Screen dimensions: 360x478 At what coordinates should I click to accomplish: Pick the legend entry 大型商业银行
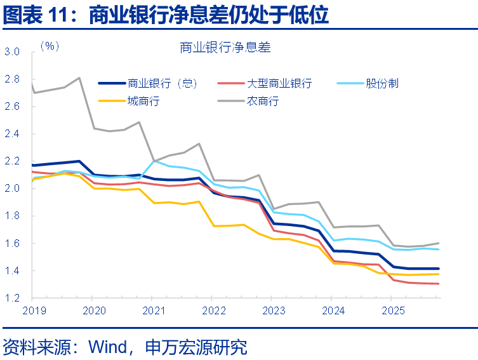279,83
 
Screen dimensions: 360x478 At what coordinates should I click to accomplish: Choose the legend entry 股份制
382,83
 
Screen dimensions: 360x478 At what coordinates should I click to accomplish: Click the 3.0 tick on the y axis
13,52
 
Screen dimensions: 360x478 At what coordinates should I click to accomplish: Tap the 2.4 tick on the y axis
13,134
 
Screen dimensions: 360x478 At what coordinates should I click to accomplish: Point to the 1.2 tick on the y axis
13,298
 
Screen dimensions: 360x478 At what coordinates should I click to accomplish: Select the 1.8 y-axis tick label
13,216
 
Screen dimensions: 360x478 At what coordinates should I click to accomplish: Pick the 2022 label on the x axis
213,310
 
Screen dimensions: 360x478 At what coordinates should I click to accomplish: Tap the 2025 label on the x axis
392,310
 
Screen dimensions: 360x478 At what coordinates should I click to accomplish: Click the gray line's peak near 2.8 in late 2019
79,78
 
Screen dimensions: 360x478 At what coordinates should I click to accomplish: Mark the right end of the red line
438,284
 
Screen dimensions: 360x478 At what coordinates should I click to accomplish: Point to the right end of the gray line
438,243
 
